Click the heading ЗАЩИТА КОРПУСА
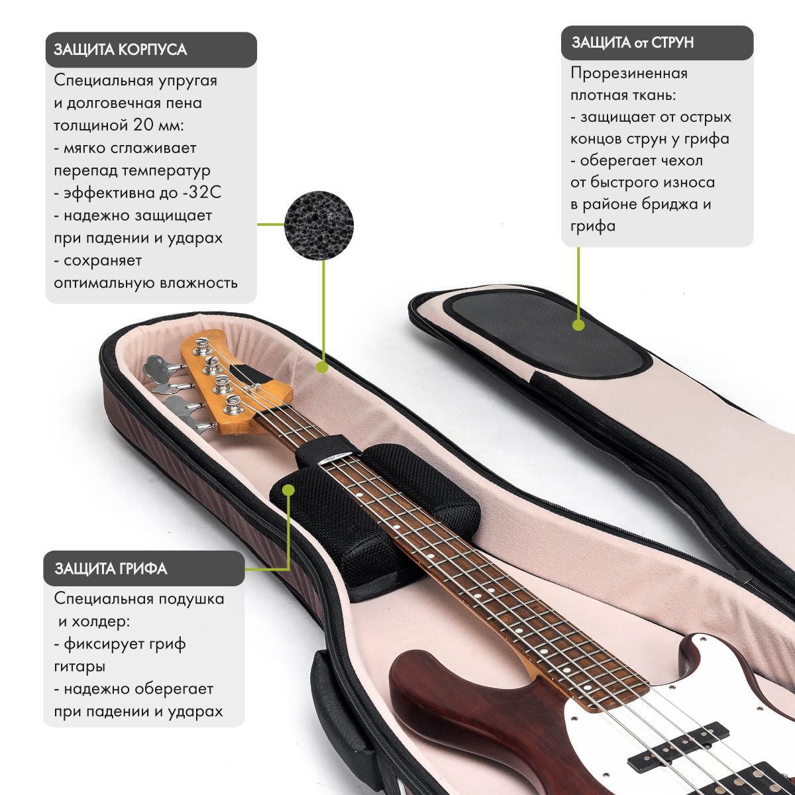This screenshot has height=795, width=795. [120, 50]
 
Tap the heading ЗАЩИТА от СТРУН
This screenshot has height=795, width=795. [632, 43]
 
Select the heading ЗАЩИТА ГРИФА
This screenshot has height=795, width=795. [111, 568]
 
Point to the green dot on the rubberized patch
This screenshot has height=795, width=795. [578, 325]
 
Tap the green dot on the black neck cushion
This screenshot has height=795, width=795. [288, 490]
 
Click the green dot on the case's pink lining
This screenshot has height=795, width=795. [322, 366]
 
